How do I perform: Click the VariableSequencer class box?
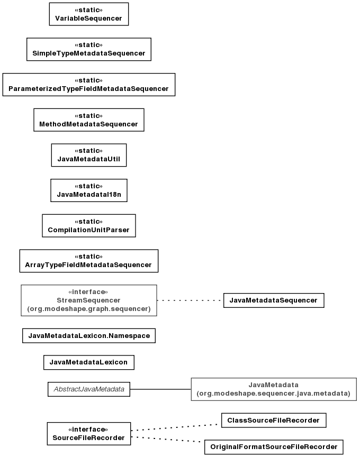89,14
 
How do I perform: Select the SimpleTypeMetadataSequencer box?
89,49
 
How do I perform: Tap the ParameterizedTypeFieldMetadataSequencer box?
89,85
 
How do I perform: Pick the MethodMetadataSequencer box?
89,120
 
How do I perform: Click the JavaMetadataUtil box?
89,155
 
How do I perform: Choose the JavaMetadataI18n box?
89,190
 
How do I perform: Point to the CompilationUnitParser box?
89,225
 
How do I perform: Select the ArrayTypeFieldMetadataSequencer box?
89,261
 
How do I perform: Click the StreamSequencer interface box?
89,300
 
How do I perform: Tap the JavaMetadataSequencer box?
274,300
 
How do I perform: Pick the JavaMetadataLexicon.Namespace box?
89,336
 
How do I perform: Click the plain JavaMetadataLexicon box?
89,362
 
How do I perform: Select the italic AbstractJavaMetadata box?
89,389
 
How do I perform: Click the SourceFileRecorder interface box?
89,434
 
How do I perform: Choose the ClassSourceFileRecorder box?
274,421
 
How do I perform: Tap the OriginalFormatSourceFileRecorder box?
274,447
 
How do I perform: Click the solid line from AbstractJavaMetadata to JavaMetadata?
160,389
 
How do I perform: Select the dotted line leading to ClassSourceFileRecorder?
174,427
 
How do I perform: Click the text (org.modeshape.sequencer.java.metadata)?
273,394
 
